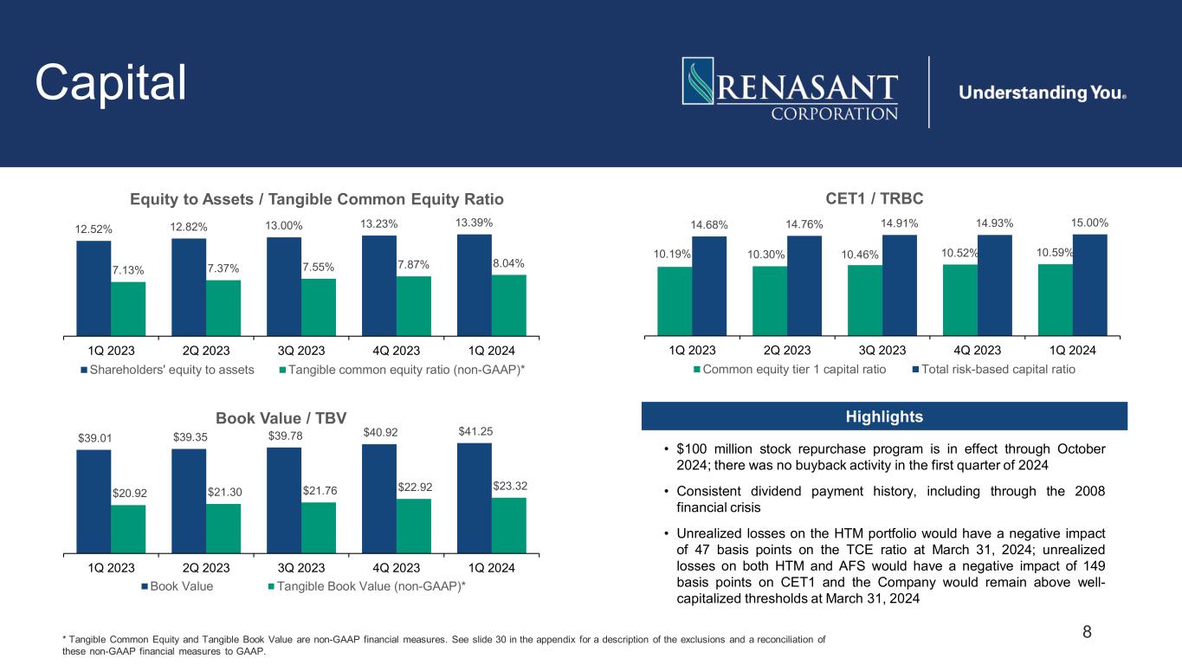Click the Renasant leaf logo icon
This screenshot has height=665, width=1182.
tap(698, 82)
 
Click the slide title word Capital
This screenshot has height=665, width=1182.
tap(111, 83)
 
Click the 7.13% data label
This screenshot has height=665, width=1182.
tap(128, 271)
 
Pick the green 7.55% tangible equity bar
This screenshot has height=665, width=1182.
tap(319, 307)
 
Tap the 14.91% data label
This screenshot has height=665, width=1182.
tap(899, 224)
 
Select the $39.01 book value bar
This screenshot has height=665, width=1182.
tap(94, 500)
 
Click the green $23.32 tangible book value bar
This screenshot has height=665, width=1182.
tap(509, 525)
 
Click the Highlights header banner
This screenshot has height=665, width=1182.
tap(884, 416)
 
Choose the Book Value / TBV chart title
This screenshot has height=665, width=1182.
tap(281, 418)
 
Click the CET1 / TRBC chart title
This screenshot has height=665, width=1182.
tap(875, 198)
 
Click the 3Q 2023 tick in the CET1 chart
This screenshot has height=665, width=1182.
tap(882, 351)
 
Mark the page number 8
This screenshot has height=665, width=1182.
tap(1088, 633)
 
